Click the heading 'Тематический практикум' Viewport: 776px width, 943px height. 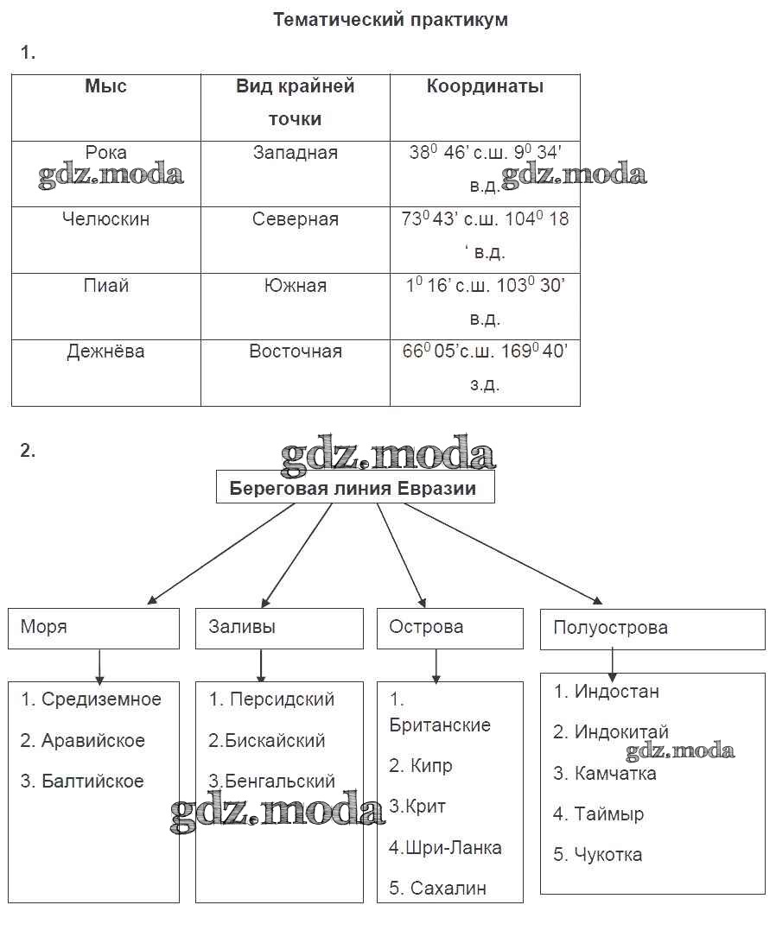pyautogui.click(x=391, y=20)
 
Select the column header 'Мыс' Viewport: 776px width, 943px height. pyautogui.click(x=105, y=86)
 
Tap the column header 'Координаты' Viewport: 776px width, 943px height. pyautogui.click(x=485, y=86)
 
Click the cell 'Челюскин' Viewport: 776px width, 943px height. pyautogui.click(x=105, y=219)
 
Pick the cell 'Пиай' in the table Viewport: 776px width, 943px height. pyautogui.click(x=105, y=286)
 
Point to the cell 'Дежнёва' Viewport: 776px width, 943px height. pyautogui.click(x=105, y=351)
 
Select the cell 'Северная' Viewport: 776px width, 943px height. pyautogui.click(x=296, y=219)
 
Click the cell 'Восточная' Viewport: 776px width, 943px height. pyautogui.click(x=296, y=351)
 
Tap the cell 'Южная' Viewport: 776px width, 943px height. pyautogui.click(x=296, y=286)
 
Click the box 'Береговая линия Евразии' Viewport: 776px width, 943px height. pyautogui.click(x=354, y=489)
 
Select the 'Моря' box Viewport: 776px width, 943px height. pyautogui.click(x=93, y=628)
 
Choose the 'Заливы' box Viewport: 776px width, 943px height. pyautogui.click(x=279, y=628)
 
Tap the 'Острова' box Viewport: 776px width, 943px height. pyautogui.click(x=449, y=628)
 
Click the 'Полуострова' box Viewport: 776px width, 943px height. pyautogui.click(x=652, y=629)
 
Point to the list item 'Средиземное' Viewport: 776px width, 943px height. pyautogui.click(x=92, y=699)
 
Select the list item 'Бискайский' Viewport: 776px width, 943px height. pyautogui.click(x=267, y=741)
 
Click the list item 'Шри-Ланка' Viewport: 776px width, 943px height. pyautogui.click(x=445, y=848)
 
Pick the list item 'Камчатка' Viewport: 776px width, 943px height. pyautogui.click(x=605, y=774)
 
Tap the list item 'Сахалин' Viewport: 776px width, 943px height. pyautogui.click(x=438, y=889)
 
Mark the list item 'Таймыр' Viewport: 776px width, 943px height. pyautogui.click(x=599, y=814)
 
